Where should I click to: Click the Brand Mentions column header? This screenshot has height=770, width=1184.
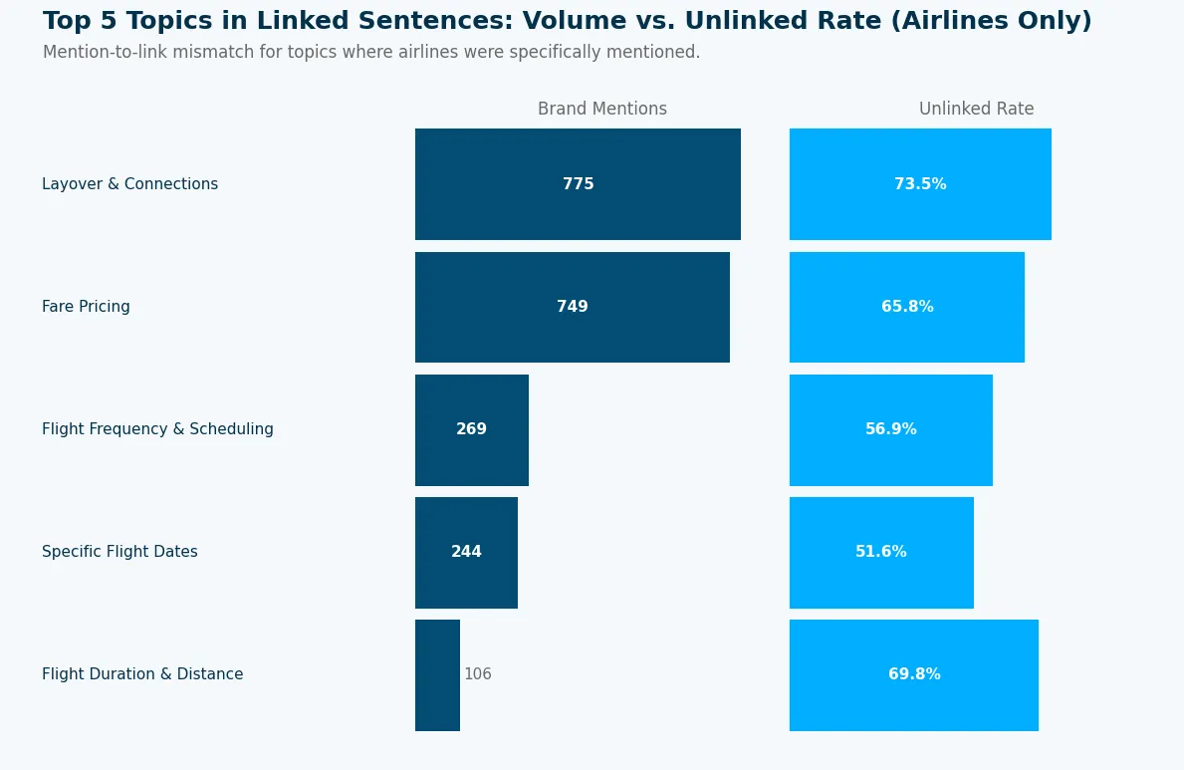point(601,110)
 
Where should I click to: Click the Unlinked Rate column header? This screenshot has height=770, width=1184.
point(976,110)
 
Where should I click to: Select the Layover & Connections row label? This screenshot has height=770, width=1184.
point(129,184)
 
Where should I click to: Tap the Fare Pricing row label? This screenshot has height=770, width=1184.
point(86,307)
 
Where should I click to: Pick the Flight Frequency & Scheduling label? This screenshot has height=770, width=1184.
point(157,429)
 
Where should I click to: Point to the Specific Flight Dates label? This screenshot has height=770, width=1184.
point(119,552)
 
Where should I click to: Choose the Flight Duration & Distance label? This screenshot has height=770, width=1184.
point(142,674)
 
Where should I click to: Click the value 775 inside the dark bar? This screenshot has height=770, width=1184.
point(578,184)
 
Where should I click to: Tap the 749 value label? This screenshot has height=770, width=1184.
point(572,307)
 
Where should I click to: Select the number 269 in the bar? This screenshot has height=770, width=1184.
point(471,429)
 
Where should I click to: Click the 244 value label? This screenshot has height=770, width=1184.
point(466,552)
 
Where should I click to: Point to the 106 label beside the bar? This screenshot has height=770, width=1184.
point(478,674)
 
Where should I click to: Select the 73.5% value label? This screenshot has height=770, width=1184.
point(920,184)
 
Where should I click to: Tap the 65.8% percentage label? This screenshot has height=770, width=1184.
point(907,307)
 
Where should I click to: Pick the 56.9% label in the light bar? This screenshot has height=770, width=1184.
point(890,429)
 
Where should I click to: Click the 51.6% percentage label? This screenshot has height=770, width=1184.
point(880,552)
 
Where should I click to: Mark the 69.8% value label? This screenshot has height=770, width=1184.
point(914,674)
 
